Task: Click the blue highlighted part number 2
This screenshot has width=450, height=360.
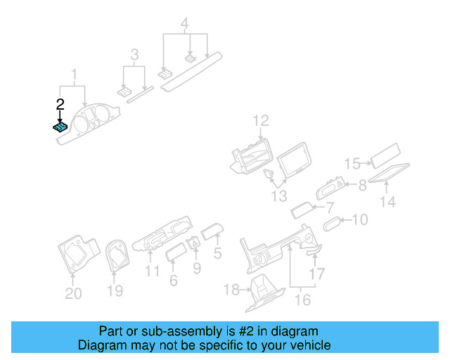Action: (60, 127)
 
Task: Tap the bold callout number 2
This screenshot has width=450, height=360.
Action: (60, 105)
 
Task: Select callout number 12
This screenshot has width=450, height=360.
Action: (261, 121)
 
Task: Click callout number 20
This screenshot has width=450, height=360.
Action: (73, 293)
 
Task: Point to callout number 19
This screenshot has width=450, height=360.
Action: (115, 290)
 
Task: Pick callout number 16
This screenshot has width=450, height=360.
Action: (303, 300)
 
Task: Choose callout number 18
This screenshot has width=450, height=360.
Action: (231, 290)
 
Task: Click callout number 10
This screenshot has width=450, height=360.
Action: (360, 219)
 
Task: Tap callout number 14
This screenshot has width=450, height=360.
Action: (387, 202)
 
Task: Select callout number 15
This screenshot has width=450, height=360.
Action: (352, 164)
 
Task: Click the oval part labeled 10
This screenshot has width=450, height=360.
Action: (332, 224)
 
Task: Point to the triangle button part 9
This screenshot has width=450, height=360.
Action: (194, 244)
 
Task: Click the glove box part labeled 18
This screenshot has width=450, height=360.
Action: (266, 292)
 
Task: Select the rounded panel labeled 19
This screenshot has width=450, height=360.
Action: (117, 255)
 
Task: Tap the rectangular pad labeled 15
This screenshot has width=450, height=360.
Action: (385, 156)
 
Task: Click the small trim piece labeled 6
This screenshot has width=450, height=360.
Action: (176, 252)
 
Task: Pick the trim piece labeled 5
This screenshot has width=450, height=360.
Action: (212, 231)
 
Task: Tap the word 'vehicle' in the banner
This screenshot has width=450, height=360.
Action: (313, 345)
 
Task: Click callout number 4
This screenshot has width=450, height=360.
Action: (184, 23)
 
